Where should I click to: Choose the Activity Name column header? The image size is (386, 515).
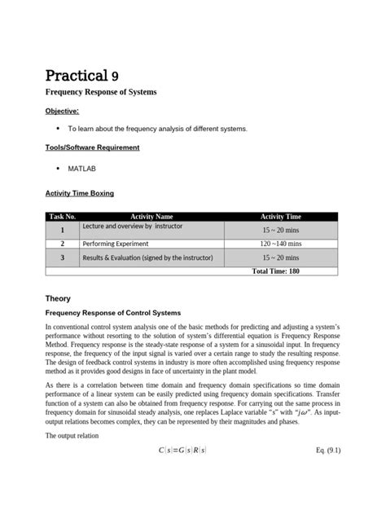[151, 217]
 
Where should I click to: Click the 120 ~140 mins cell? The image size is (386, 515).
[280, 243]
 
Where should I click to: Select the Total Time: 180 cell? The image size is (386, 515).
[275, 270]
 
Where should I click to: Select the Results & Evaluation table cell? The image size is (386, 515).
[147, 257]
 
